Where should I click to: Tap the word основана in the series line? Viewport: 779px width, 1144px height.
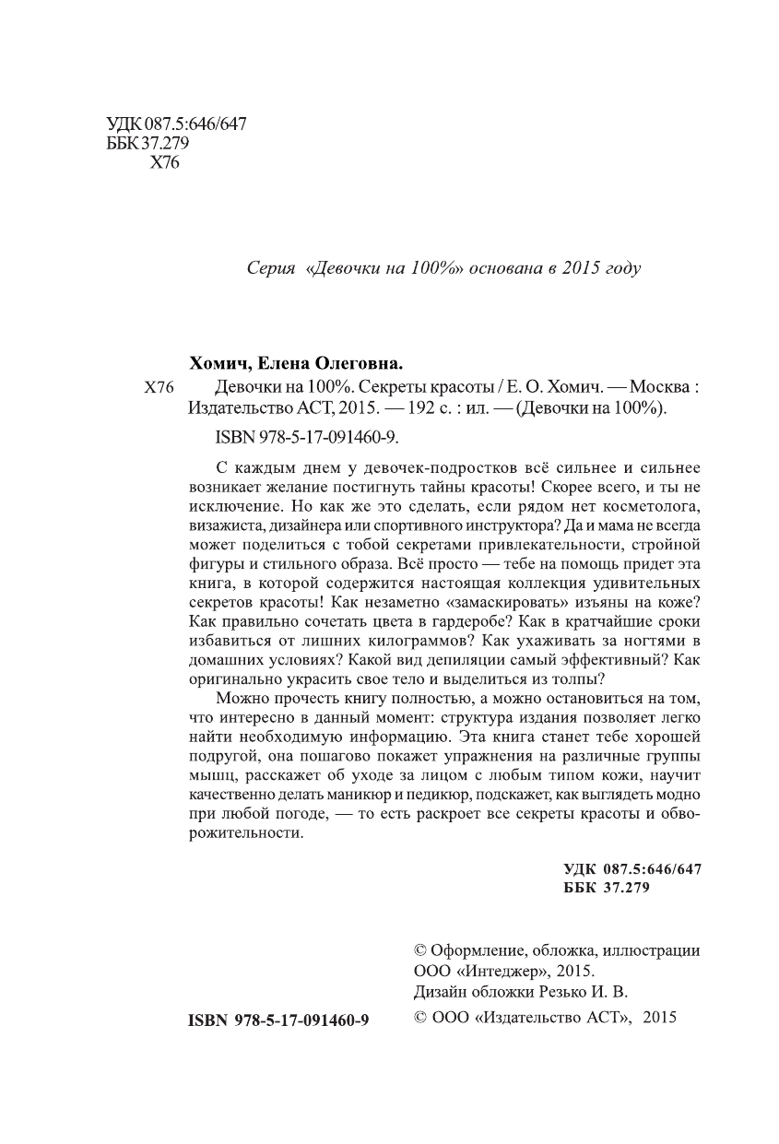pos(502,268)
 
